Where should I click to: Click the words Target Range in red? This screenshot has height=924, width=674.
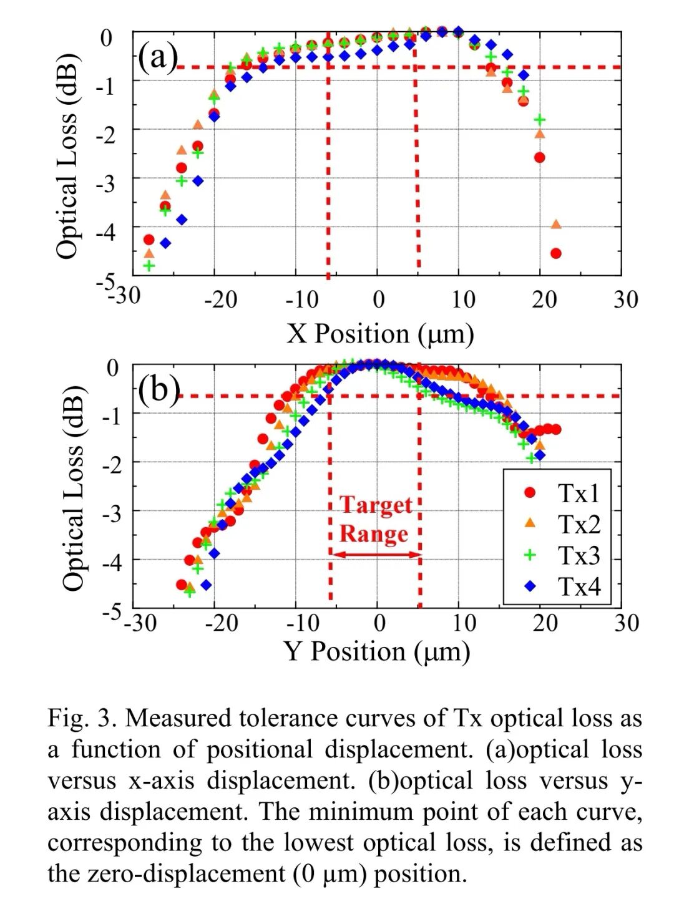[x=375, y=520]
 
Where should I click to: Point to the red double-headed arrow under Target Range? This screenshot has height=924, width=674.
[x=376, y=554]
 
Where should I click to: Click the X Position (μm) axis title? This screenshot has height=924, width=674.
[x=380, y=333]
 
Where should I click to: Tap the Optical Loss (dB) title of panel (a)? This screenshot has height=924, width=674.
[x=67, y=156]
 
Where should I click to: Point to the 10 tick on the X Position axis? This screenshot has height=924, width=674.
[x=462, y=299]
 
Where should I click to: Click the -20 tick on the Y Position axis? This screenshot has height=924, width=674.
[x=222, y=622]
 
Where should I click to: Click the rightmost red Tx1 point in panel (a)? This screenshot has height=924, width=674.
[x=556, y=253]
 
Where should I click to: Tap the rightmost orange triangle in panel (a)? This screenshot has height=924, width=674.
[x=556, y=225]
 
